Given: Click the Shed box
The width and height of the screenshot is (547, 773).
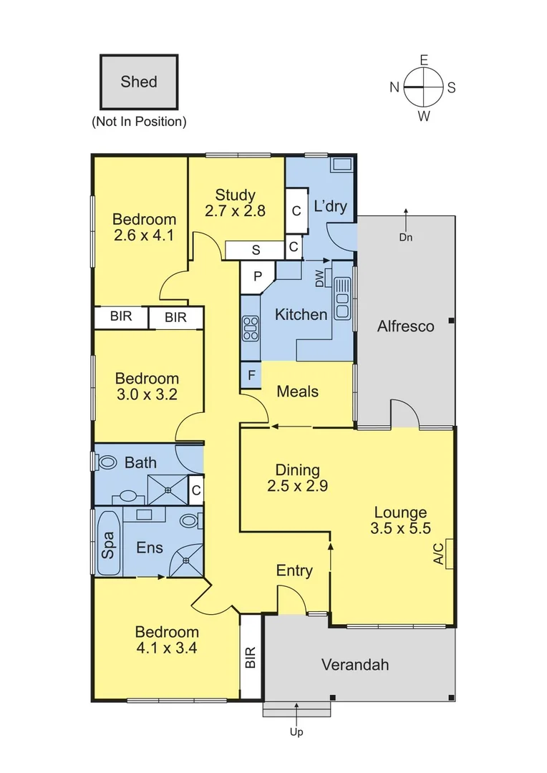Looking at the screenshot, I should tap(138, 82).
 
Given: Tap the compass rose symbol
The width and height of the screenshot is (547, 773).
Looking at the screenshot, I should tap(424, 87).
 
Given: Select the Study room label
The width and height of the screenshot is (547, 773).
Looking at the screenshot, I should tap(236, 195).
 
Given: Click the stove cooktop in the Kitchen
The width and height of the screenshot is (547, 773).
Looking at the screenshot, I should tap(250, 329).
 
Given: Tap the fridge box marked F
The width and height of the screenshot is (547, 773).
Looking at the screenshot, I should tap(251, 376).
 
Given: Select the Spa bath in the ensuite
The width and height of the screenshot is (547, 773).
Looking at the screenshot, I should tap(108, 543).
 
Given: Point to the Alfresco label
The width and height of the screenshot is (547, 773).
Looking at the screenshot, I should tap(406, 326).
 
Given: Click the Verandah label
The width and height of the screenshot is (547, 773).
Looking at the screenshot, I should tap(355, 664).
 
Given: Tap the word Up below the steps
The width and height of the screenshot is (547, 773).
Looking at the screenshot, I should tap(296, 732).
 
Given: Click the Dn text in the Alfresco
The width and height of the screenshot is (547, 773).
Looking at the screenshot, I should tap(406, 238).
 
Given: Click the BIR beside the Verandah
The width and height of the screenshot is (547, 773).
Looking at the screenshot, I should tap(251, 658).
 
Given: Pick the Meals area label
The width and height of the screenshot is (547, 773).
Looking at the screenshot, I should tap(297, 392).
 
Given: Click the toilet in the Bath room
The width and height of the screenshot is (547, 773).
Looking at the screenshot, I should tap(107, 462).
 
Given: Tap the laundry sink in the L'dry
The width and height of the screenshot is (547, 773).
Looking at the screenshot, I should tap(341, 165).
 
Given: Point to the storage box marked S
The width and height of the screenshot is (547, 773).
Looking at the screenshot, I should tap(255, 250).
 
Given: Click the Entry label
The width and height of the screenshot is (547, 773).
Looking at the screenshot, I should tap(294, 570).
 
